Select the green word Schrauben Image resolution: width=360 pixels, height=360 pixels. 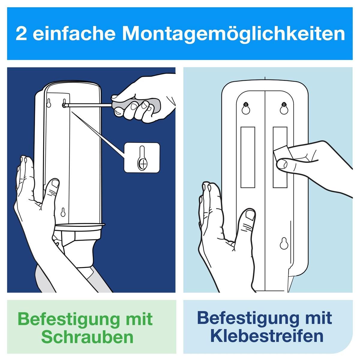coord(87,337)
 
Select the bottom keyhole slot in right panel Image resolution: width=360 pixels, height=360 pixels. coord(282,243)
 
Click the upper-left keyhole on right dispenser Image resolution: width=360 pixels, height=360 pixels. coord(246,108)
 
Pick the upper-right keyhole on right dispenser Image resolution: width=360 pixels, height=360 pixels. coord(283,108)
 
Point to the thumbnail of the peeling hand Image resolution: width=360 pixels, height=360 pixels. coord(281,164)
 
